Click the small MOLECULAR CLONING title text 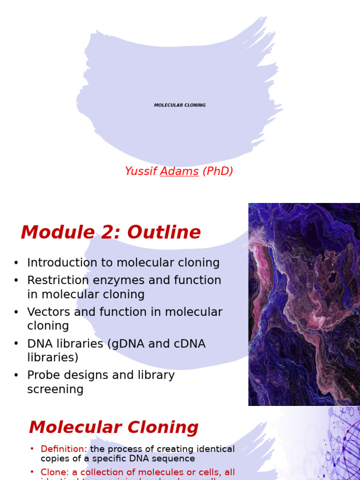[x=180, y=105]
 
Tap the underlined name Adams [x=180, y=172]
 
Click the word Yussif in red [x=141, y=172]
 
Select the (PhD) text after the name [x=217, y=172]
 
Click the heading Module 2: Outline [x=111, y=232]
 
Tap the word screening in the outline [x=55, y=390]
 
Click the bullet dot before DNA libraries [x=16, y=344]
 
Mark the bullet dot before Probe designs [x=16, y=375]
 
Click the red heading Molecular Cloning [x=113, y=427]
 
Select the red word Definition [x=62, y=449]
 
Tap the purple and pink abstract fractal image [x=304, y=304]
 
